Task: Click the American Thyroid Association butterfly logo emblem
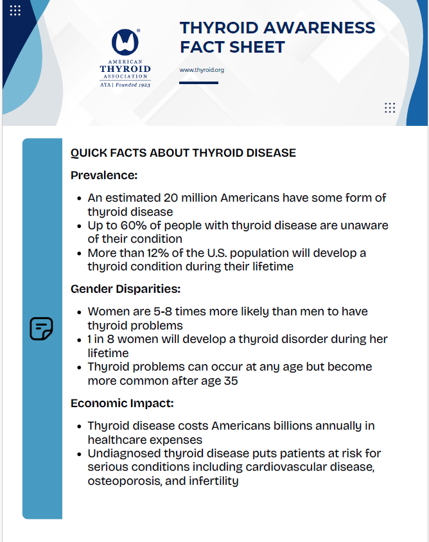tap(125, 42)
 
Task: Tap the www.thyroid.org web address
tap(202, 69)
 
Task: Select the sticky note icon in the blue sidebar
tap(42, 329)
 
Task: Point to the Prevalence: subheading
tap(104, 175)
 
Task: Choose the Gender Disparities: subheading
tap(125, 289)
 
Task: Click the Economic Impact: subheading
tap(122, 403)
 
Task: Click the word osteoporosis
tap(122, 480)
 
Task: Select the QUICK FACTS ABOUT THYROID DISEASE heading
tap(183, 153)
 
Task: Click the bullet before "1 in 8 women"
tap(79, 340)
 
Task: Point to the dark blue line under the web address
tap(198, 82)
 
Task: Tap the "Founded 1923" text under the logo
tap(134, 85)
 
